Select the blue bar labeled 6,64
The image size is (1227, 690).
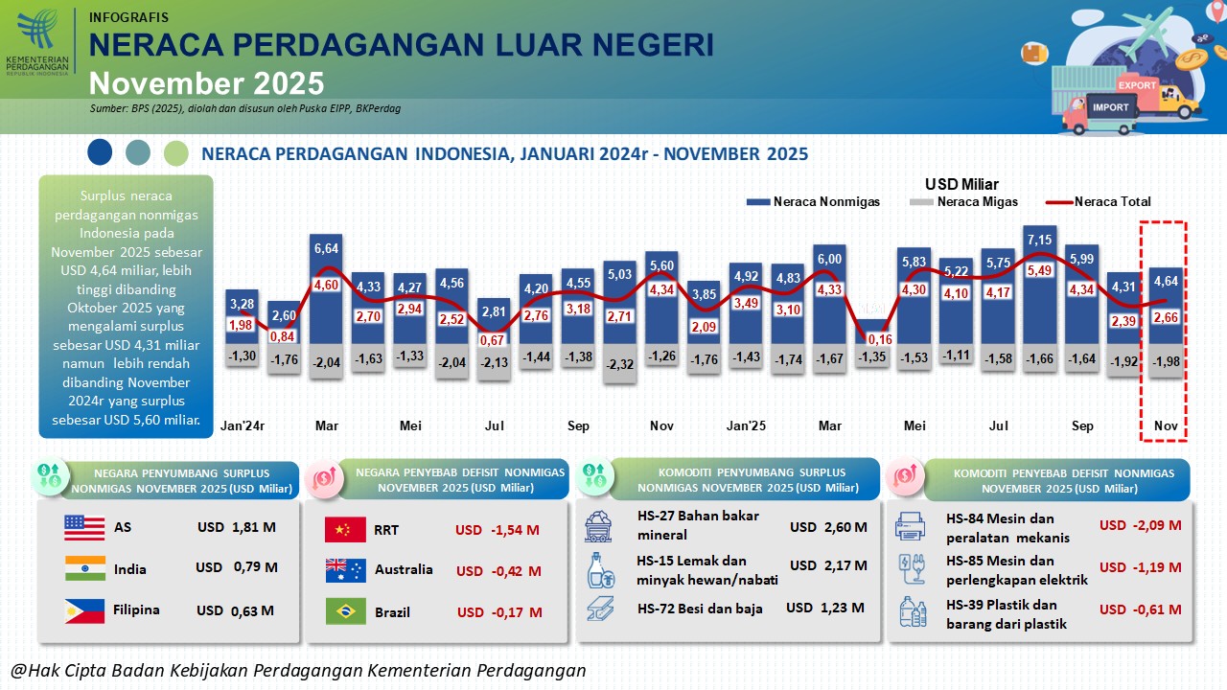326,287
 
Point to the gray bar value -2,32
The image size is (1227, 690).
620,364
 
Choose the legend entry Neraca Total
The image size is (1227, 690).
1112,202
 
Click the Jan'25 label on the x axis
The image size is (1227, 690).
745,425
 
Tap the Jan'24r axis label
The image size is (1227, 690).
243,425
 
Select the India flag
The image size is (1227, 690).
84,568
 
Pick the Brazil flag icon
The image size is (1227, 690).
345,611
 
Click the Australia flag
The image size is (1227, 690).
345,570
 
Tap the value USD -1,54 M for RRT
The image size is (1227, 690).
497,530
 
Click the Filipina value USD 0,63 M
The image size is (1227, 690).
235,610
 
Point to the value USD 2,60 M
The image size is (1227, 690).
828,527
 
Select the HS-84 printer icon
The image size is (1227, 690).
910,525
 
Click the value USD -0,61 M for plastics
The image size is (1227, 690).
1140,609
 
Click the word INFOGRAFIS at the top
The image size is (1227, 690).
128,17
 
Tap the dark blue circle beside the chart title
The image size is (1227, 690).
99,152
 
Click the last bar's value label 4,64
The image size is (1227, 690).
1165,282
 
